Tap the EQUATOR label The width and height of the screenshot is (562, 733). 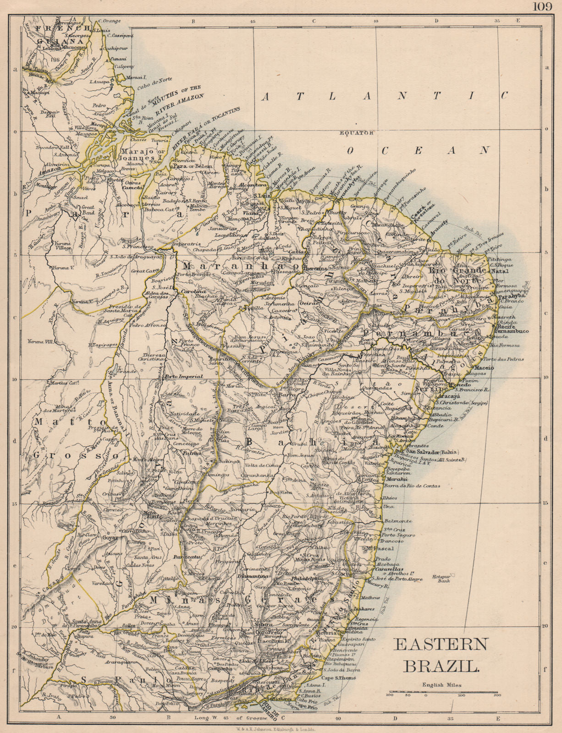tap(358, 133)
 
